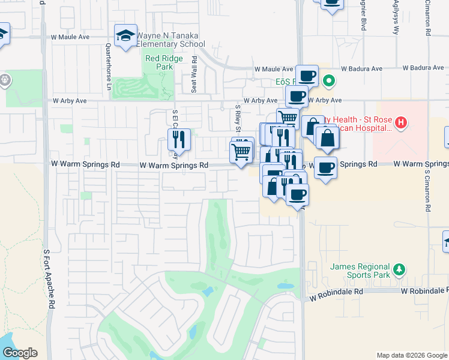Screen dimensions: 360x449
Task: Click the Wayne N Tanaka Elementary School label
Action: click(171, 40)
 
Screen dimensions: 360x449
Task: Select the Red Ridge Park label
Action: click(158, 63)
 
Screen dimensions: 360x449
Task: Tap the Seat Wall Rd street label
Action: click(194, 75)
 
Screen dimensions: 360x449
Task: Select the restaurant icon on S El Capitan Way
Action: click(179, 140)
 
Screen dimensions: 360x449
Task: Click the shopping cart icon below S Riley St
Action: click(241, 152)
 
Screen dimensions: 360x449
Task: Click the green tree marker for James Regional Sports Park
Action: click(397, 270)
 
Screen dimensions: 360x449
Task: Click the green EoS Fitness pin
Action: click(328, 80)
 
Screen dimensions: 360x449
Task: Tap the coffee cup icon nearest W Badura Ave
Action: click(307, 76)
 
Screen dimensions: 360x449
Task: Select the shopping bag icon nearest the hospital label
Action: click(327, 138)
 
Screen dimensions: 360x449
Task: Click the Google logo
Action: click(20, 353)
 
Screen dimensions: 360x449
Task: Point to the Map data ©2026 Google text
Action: click(411, 355)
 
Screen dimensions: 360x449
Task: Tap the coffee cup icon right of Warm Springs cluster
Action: click(325, 167)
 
